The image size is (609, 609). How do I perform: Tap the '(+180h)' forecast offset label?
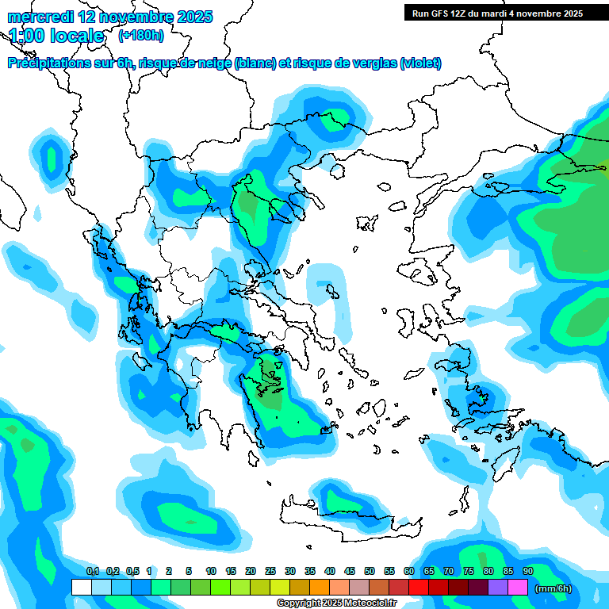(141, 36)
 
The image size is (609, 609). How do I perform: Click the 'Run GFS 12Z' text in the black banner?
(440, 13)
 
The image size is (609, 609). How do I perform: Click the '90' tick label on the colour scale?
(527, 571)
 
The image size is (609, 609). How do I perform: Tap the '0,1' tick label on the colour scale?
(92, 571)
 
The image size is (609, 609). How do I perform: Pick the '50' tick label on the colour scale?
(369, 571)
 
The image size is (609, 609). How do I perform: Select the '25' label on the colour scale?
(270, 571)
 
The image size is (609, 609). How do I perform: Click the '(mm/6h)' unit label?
(553, 588)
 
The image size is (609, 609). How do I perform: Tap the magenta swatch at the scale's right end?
(518, 587)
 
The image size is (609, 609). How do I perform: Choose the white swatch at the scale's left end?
(81, 587)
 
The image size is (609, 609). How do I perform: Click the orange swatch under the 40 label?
(320, 587)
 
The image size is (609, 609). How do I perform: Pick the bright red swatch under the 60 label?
(419, 587)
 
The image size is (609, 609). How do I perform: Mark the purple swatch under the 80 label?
(498, 587)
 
